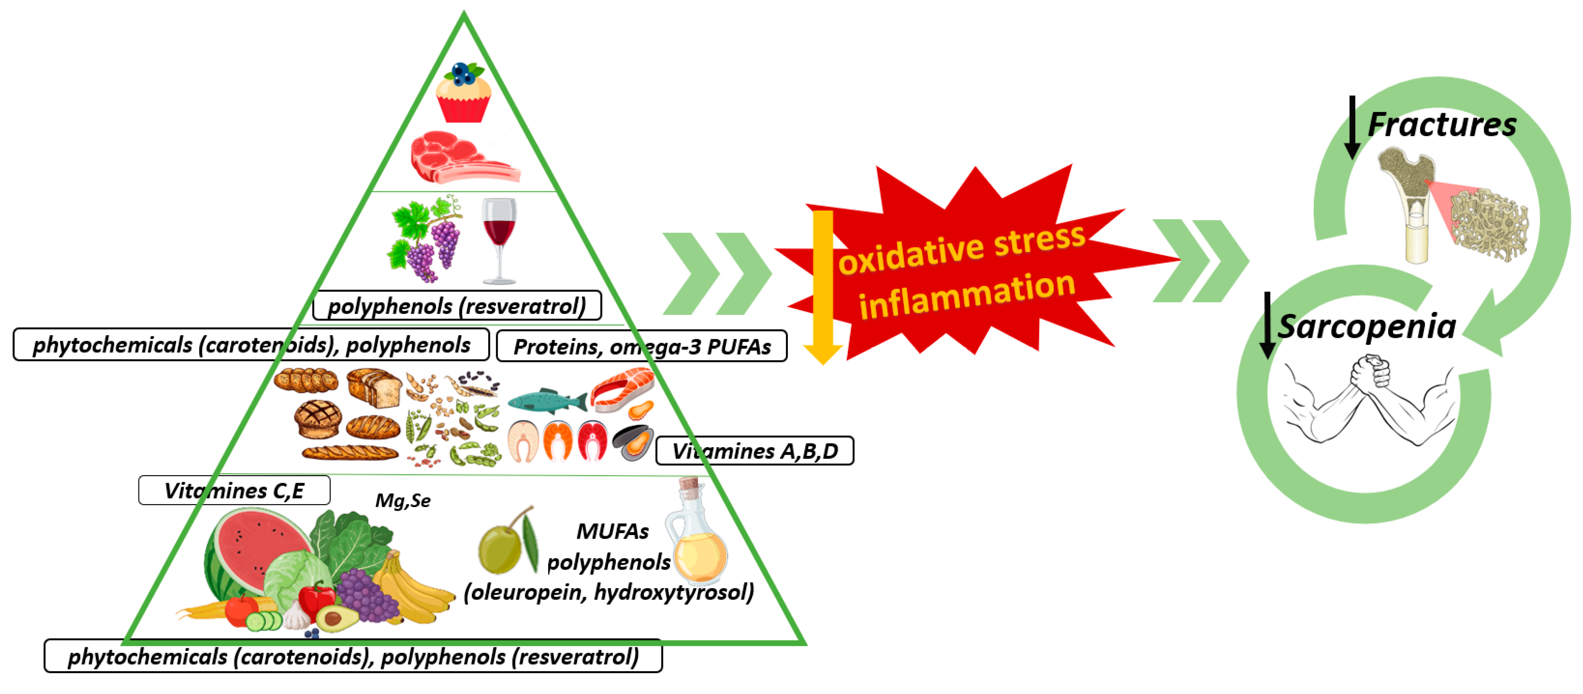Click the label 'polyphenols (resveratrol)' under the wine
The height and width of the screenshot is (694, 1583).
point(457,306)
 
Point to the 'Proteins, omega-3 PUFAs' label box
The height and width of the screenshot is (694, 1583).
point(642,346)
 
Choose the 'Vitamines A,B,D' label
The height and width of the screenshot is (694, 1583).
point(755,451)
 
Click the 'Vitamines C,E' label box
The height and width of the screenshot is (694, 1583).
point(234,490)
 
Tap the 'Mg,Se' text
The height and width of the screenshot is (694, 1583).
point(403,500)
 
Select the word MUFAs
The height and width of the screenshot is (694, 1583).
point(612,531)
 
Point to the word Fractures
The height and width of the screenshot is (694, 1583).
point(1442,125)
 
